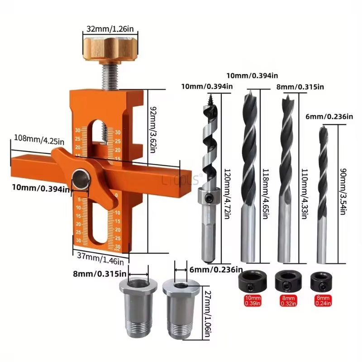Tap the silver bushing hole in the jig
[82, 176]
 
